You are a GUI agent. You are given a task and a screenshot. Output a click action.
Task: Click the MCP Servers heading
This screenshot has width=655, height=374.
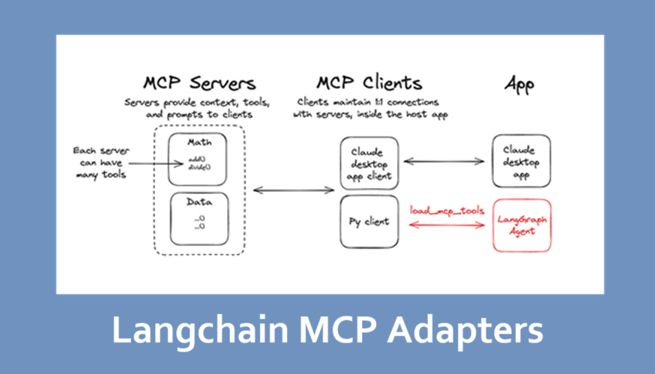199,82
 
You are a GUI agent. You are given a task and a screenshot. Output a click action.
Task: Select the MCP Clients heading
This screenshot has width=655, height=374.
369,82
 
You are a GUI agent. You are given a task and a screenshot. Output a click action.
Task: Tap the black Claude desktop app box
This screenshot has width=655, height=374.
522,160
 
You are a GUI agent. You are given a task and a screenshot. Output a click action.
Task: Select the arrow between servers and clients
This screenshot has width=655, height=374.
293,190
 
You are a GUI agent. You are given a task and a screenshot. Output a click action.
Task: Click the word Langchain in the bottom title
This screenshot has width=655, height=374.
196,331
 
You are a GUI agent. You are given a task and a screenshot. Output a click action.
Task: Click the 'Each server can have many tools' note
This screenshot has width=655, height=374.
101,162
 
